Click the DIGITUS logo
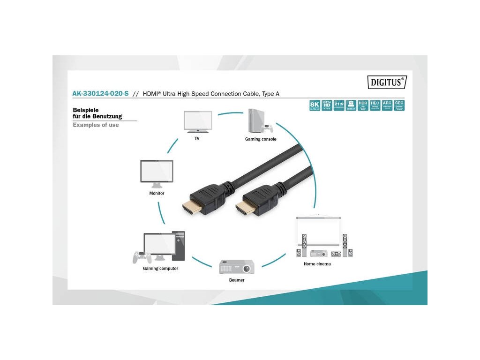pos(386,82)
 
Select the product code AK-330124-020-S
pos(100,94)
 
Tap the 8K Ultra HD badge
pos(315,105)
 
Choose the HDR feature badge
pos(363,105)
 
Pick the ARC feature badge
pos(387,105)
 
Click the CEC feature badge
pos(399,105)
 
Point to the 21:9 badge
pos(339,105)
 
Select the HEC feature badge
pos(375,105)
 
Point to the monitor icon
pos(157,173)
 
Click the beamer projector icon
pos(237,267)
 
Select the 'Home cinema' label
pos(317,264)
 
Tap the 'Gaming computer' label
pos(160,269)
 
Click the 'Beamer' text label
pos(237,280)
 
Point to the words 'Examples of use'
pos(96,125)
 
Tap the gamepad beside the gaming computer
pos(141,257)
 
